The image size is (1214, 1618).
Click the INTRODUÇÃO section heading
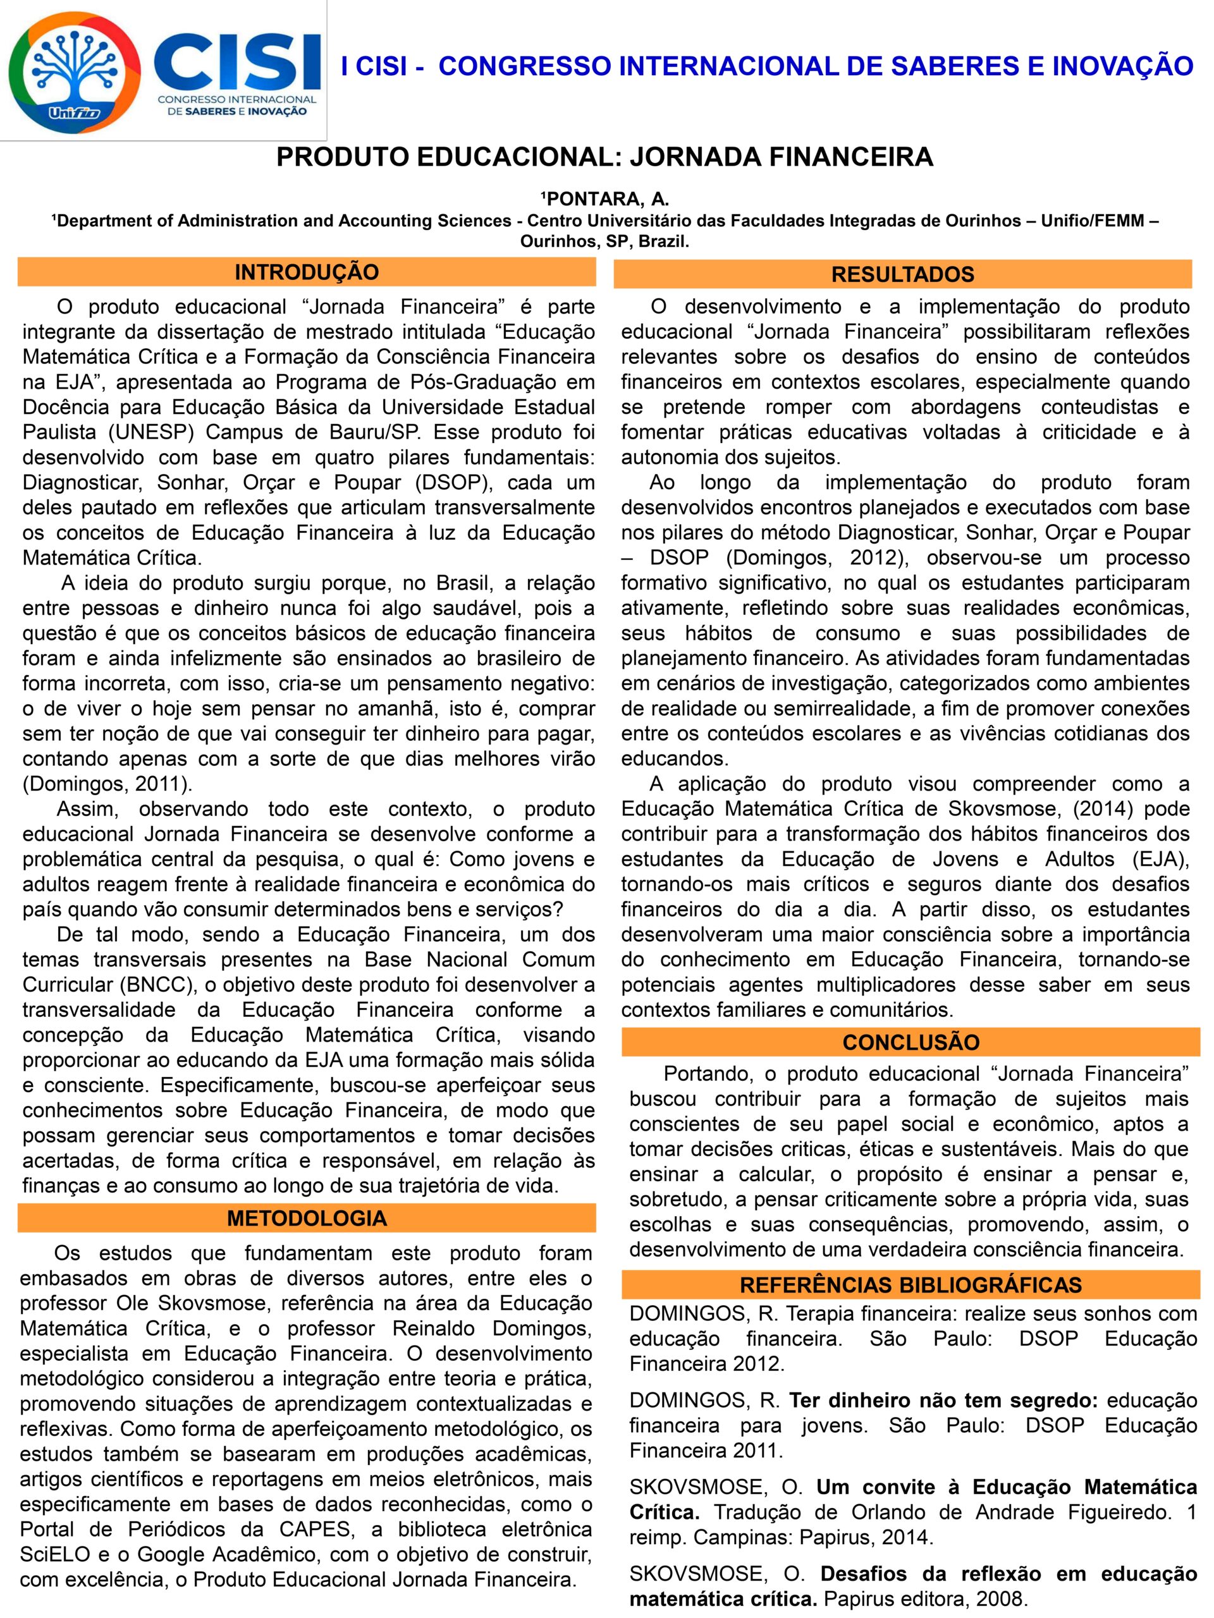click(x=306, y=272)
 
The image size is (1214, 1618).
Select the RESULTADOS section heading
click(x=902, y=274)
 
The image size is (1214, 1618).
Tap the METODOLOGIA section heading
click(x=306, y=1218)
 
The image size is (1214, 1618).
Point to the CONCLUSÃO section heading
click(x=910, y=1042)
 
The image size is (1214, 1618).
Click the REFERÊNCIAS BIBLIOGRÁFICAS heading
click(x=910, y=1284)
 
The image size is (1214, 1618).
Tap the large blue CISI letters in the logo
click(x=238, y=61)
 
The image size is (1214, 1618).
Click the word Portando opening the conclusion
click(x=708, y=1074)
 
